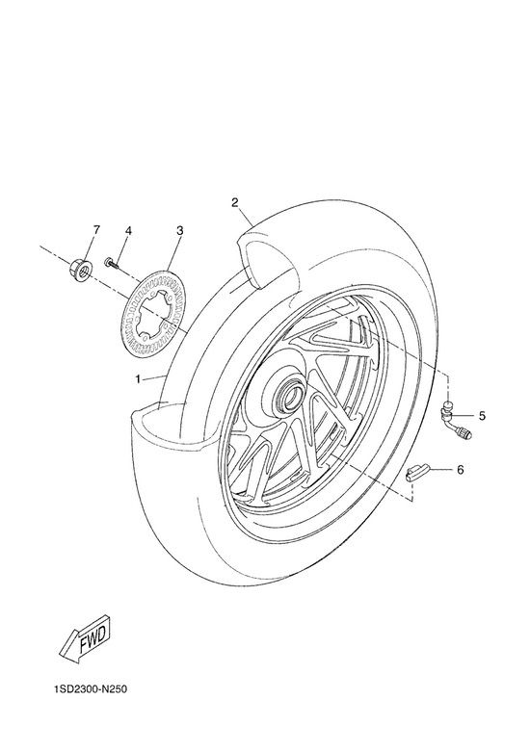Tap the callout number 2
pyautogui.click(x=235, y=202)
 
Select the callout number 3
pyautogui.click(x=179, y=231)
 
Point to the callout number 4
pyautogui.click(x=128, y=231)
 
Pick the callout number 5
pyautogui.click(x=482, y=416)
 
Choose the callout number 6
pyautogui.click(x=460, y=470)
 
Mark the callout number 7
pyautogui.click(x=96, y=230)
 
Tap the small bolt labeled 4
pyautogui.click(x=111, y=263)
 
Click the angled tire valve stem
pyautogui.click(x=455, y=420)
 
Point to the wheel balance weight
pyautogui.click(x=416, y=474)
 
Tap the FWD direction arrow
pyautogui.click(x=85, y=639)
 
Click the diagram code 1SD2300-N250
pyautogui.click(x=91, y=689)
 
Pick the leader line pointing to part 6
pyautogui.click(x=439, y=469)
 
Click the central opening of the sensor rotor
pyautogui.click(x=152, y=313)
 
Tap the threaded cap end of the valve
pyautogui.click(x=466, y=433)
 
